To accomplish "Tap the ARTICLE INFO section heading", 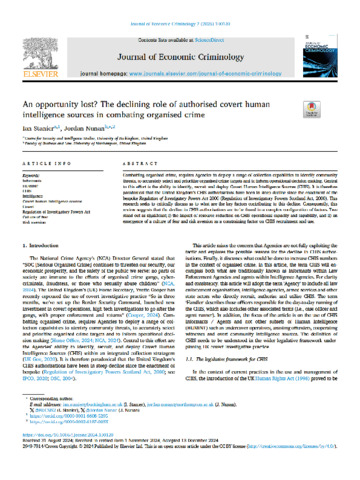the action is (x=48, y=145).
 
